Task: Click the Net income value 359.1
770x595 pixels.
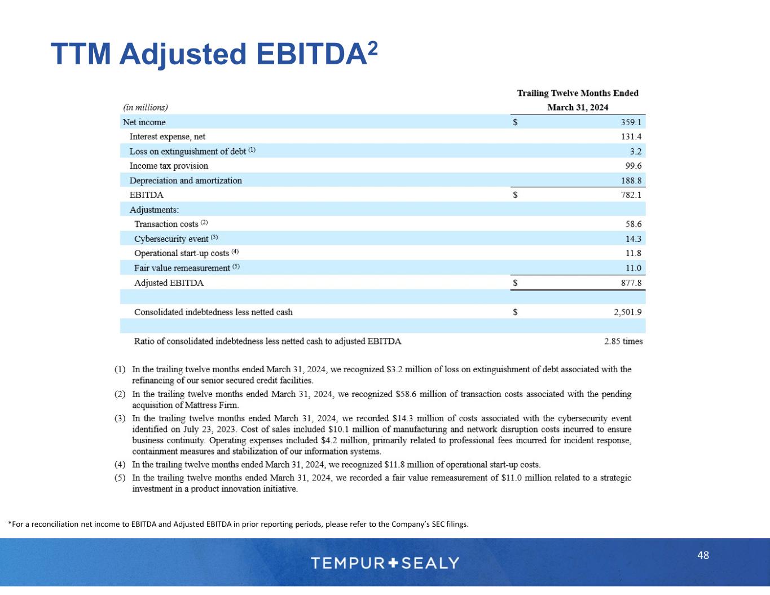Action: coord(631,122)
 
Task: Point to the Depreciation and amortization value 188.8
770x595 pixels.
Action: coord(631,180)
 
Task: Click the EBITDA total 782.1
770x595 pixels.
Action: coord(631,195)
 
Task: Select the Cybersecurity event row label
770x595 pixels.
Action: coord(171,239)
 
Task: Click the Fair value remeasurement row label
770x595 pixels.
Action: coord(182,268)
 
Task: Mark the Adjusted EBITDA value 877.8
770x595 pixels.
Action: coord(631,283)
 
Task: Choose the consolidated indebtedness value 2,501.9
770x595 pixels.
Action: coord(628,312)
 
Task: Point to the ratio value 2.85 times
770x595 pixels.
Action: coord(623,341)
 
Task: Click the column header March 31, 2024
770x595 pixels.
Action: coord(578,107)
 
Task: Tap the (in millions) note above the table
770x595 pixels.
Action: coord(146,107)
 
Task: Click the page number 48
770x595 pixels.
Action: coord(703,555)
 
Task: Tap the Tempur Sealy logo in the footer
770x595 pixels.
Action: coord(385,562)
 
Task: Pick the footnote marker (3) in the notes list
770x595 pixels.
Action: coord(120,418)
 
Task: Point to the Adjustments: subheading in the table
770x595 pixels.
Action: coord(154,210)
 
